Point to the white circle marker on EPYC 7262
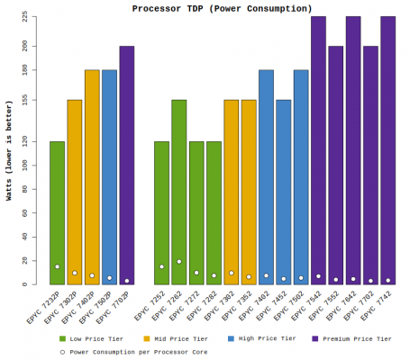point(179,262)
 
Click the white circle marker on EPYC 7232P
point(57,266)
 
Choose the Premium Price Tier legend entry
point(351,338)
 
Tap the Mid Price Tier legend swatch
point(147,338)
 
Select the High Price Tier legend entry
point(261,338)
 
